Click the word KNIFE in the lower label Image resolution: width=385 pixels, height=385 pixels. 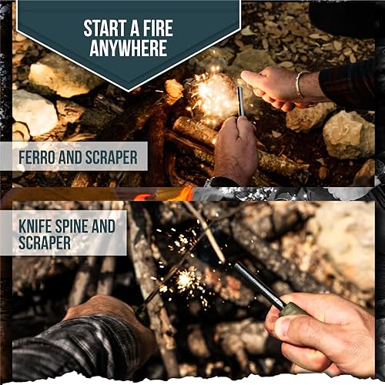(36, 226)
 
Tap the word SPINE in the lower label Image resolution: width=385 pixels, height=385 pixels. (82, 226)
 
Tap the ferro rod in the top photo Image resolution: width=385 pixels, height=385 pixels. (241, 103)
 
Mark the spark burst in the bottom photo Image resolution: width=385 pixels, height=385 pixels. (185, 279)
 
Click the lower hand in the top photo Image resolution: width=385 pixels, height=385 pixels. (235, 150)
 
